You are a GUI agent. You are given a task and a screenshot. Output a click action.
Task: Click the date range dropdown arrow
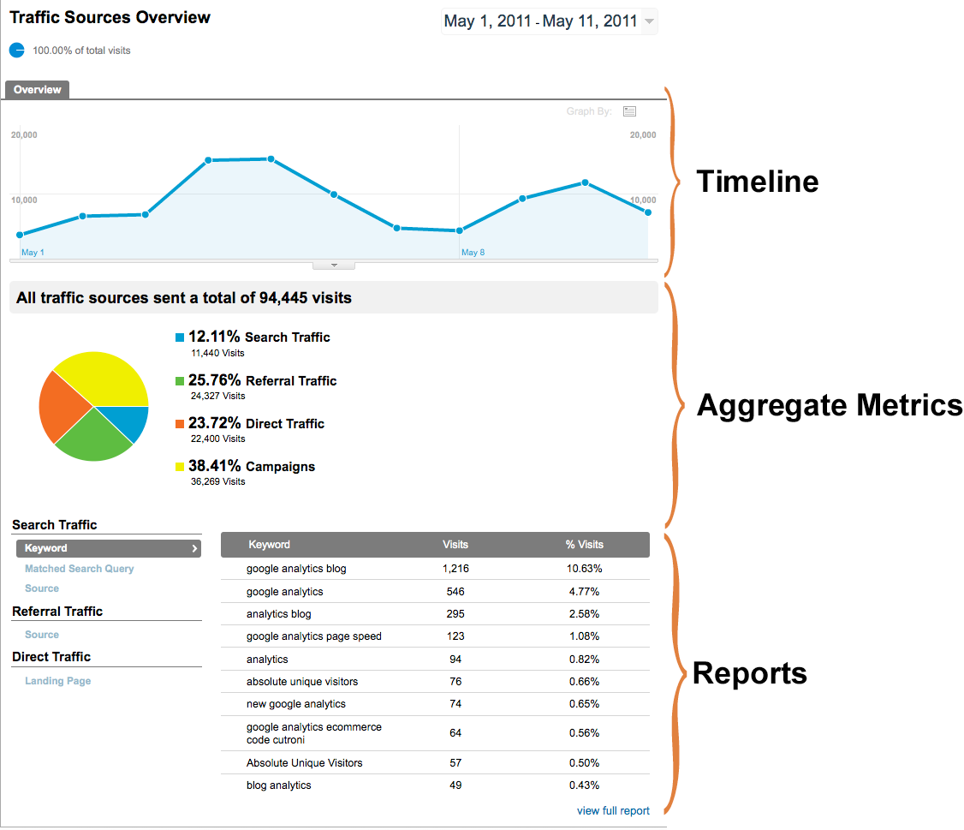pos(649,22)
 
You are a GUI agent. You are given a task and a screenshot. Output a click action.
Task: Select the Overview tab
pos(37,90)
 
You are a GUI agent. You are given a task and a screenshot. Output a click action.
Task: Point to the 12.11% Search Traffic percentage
pos(214,337)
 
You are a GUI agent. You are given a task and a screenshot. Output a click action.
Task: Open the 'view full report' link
pos(613,811)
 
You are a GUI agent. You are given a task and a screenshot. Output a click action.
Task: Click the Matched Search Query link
pos(79,569)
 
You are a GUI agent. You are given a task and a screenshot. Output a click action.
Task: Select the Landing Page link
pos(57,681)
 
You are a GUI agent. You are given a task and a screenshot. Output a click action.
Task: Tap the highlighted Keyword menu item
pos(108,548)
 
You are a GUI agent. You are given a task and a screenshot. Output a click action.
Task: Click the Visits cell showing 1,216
pos(455,569)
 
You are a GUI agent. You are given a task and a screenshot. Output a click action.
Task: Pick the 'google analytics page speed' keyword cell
pos(313,636)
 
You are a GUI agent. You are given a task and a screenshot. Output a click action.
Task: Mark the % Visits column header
pos(584,545)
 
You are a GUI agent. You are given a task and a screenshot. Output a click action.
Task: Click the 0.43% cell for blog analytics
pos(585,785)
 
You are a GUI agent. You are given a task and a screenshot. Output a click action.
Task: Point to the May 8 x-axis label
pos(473,253)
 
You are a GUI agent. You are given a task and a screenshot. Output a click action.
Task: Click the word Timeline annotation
pos(757,182)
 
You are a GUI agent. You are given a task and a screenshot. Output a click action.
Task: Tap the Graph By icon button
pos(629,111)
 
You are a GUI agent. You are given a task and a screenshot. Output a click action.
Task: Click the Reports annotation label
pos(749,673)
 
